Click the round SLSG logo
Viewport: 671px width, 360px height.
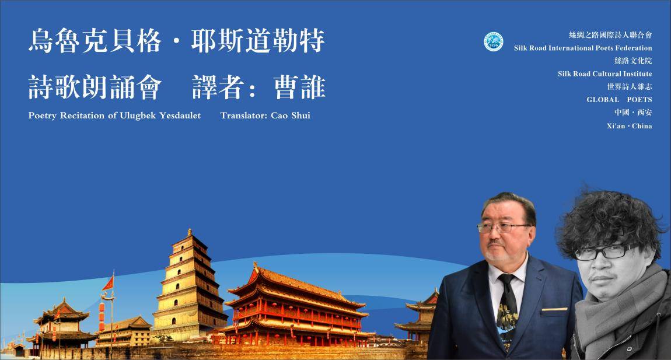click(494, 42)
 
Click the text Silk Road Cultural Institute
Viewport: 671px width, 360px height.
click(604, 74)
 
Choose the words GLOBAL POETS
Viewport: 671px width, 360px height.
click(619, 99)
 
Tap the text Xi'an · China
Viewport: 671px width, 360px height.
click(629, 126)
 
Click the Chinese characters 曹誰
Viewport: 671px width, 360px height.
click(299, 88)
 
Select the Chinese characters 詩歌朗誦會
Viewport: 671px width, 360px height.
click(95, 88)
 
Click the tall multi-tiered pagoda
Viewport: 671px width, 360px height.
click(190, 287)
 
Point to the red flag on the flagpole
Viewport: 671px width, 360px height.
click(109, 284)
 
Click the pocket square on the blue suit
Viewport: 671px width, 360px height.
click(554, 309)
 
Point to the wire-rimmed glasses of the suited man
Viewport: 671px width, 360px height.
click(504, 228)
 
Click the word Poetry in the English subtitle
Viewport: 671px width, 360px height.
click(43, 116)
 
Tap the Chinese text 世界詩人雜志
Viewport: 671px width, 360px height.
click(630, 86)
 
